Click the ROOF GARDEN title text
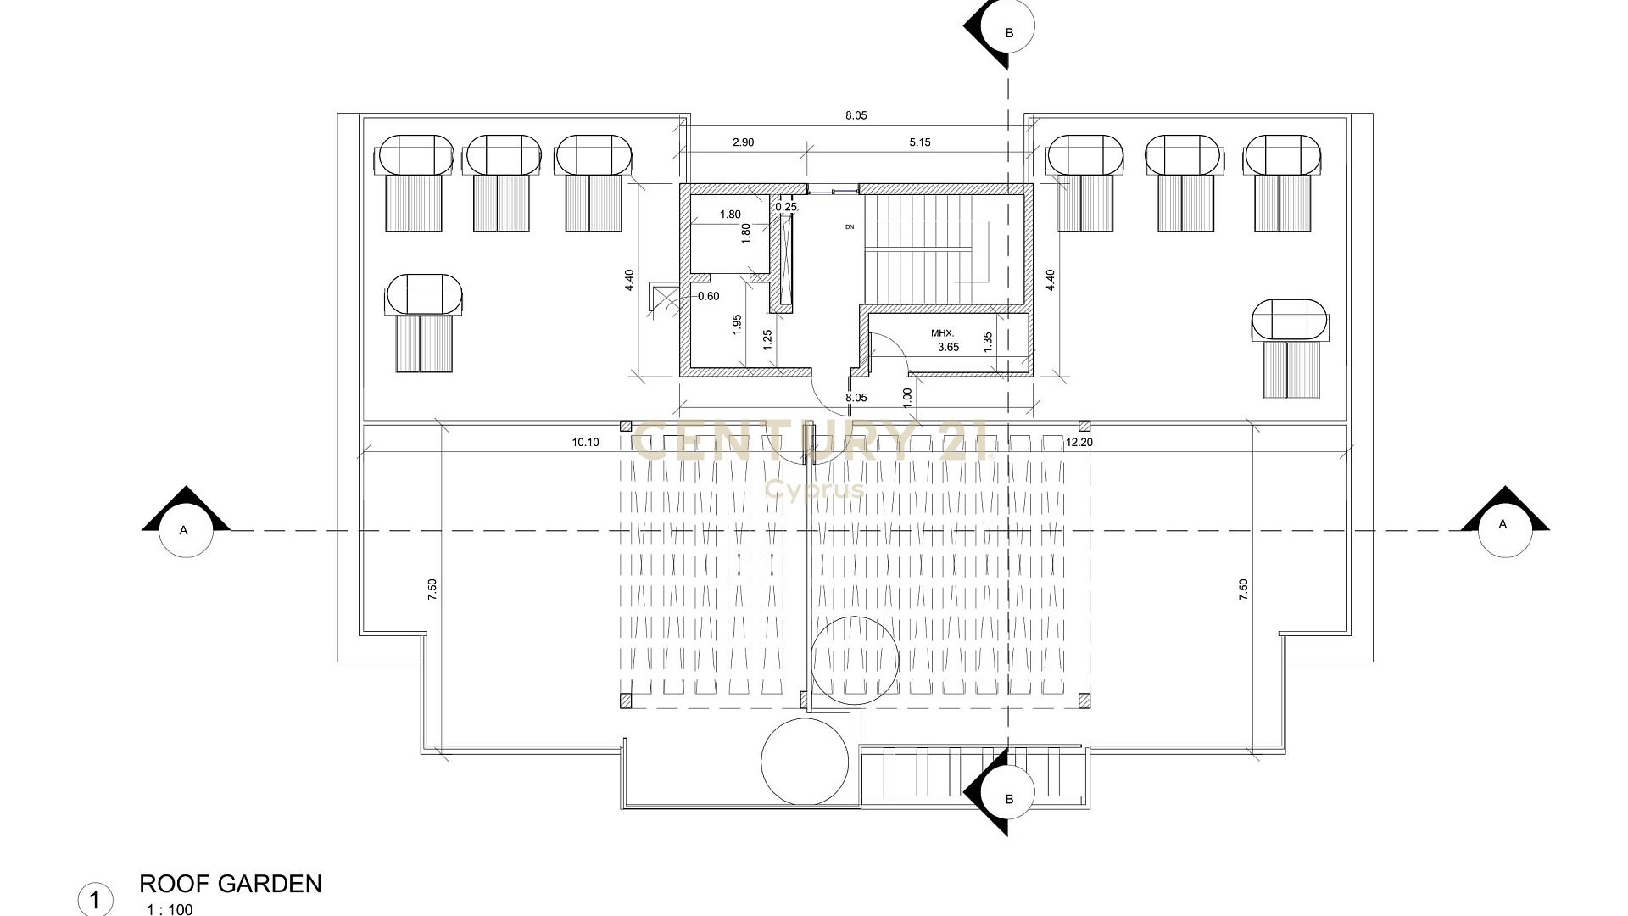(230, 884)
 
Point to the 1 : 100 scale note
(170, 910)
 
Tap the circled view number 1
(95, 900)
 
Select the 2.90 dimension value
(743, 142)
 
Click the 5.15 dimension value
(920, 142)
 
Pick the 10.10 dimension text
(586, 442)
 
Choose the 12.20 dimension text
(1079, 442)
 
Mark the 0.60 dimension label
(708, 296)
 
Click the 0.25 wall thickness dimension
(787, 207)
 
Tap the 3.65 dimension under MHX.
(948, 347)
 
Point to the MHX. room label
(942, 333)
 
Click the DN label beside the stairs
(850, 227)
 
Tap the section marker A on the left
(185, 528)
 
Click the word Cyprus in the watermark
(815, 489)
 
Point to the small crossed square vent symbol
(659, 296)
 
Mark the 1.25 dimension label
(767, 339)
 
